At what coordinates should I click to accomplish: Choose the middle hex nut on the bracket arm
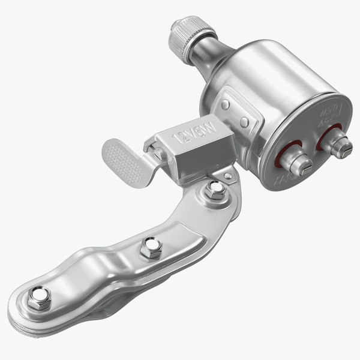(151, 247)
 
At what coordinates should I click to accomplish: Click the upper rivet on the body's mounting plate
(225, 104)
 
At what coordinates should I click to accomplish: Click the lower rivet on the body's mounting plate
(245, 122)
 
